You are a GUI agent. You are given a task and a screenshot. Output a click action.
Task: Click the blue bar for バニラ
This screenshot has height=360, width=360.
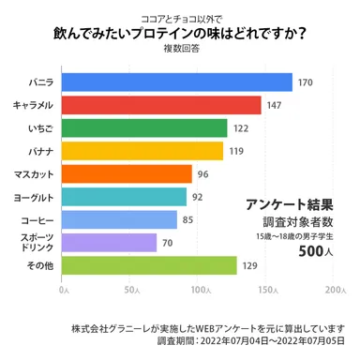pyautogui.click(x=177, y=82)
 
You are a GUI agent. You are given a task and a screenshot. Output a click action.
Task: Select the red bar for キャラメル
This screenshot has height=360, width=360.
pyautogui.click(x=161, y=105)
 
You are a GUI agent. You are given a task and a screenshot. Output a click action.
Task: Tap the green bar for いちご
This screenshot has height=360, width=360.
pyautogui.click(x=144, y=127)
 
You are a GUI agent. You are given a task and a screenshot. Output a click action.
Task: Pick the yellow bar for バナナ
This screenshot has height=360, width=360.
pyautogui.click(x=142, y=150)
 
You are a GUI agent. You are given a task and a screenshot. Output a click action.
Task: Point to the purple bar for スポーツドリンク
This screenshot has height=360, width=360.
pyautogui.click(x=109, y=243)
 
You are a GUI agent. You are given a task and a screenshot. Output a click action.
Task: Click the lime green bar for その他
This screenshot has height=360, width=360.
pyautogui.click(x=149, y=266)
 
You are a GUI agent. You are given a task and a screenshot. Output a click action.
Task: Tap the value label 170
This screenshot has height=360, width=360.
pyautogui.click(x=305, y=83)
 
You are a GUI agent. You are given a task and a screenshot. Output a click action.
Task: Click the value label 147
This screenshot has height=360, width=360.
pyautogui.click(x=274, y=106)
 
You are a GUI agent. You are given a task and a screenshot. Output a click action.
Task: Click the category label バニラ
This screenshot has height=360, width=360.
pyautogui.click(x=39, y=83)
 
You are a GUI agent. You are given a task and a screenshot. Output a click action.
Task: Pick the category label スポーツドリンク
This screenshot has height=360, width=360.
pyautogui.click(x=37, y=243)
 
